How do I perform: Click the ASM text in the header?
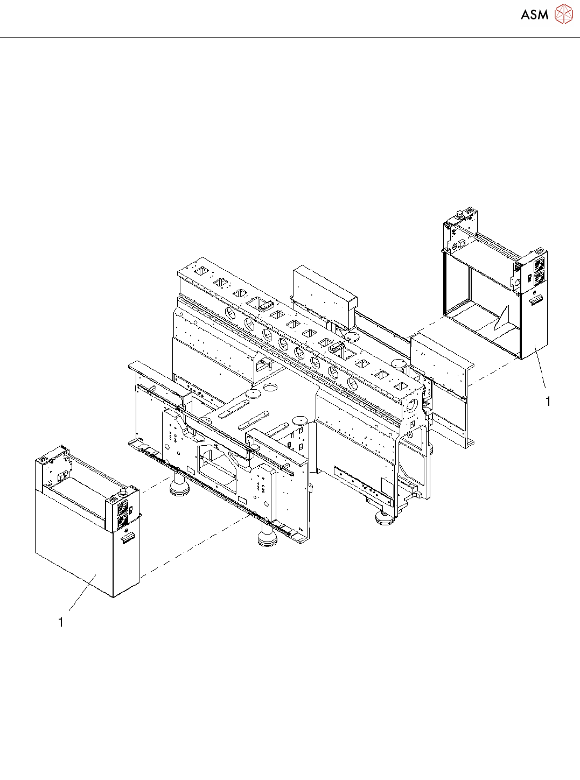(x=534, y=15)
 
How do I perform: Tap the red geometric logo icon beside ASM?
(x=564, y=14)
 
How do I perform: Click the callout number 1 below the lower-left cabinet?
(x=61, y=622)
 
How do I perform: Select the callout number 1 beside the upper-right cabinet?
(x=548, y=402)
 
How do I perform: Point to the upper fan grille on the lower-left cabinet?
(x=123, y=507)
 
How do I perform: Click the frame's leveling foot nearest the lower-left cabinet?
(x=179, y=487)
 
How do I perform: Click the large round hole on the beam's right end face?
(x=413, y=404)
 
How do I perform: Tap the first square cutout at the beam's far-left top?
(x=203, y=270)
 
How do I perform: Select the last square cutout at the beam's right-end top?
(x=401, y=386)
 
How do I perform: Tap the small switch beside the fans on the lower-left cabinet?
(x=131, y=509)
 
